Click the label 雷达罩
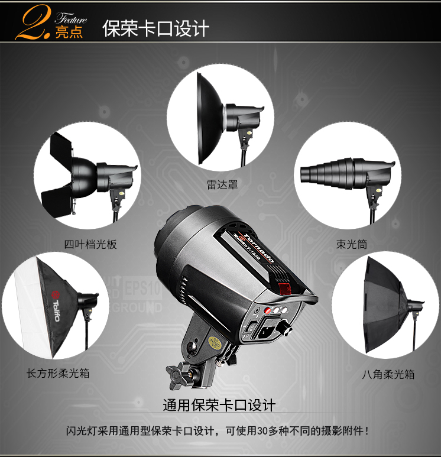click(x=222, y=184)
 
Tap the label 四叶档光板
click(x=90, y=244)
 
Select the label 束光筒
click(x=352, y=244)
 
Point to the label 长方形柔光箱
click(x=58, y=373)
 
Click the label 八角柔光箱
click(x=388, y=374)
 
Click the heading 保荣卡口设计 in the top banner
click(x=156, y=28)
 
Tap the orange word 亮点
click(x=69, y=32)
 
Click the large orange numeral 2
click(x=33, y=22)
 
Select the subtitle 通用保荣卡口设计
click(x=219, y=406)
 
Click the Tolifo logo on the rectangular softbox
click(x=56, y=306)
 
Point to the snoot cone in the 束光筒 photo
click(x=327, y=173)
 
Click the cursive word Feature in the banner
click(x=71, y=18)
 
